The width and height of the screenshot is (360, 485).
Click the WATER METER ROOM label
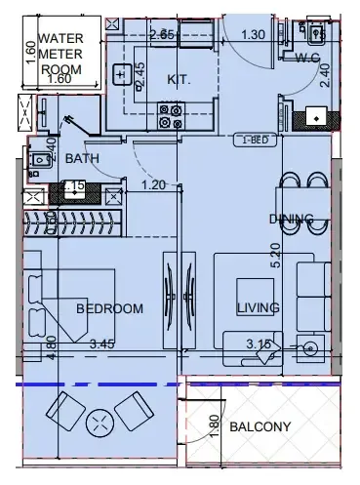[x=63, y=56]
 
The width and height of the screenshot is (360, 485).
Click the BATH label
[x=81, y=158]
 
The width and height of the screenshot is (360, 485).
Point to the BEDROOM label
[x=109, y=308]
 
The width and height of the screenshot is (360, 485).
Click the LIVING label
[x=258, y=308]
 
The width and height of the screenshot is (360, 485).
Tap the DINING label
[x=292, y=219]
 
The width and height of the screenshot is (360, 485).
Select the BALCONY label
[x=260, y=427]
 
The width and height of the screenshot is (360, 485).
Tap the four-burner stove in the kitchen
[x=172, y=117]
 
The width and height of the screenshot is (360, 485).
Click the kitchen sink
[x=124, y=73]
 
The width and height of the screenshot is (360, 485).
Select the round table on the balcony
[x=100, y=424]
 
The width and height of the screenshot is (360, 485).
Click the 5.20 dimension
[x=277, y=256]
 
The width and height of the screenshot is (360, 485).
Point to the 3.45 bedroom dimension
[x=102, y=344]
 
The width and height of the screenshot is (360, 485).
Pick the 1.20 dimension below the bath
[x=152, y=183]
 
